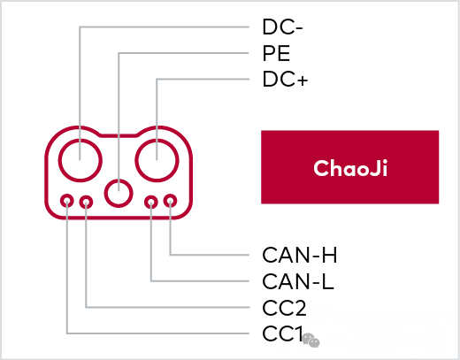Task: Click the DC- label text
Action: coord(282,27)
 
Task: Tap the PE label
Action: coord(276,53)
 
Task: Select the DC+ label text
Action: coord(285,79)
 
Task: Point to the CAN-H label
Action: coord(300,255)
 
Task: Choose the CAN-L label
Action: coord(298,281)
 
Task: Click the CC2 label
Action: coord(284,308)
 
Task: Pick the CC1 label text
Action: coord(282,333)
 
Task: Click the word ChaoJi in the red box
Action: coord(350,168)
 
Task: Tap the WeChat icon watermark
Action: coord(311,341)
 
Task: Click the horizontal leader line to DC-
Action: coord(165,27)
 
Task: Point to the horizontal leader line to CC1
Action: coord(158,333)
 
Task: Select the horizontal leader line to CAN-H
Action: coord(210,255)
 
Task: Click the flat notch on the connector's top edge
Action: coord(119,135)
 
